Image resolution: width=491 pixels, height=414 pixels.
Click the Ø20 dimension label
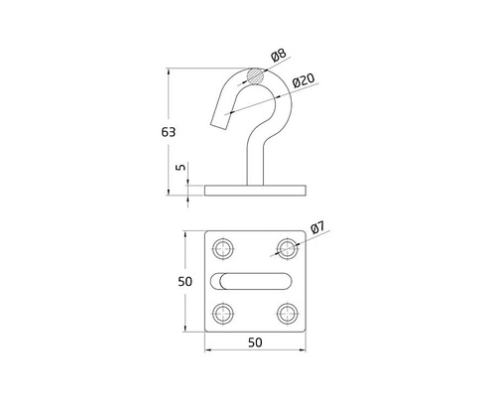pyautogui.click(x=305, y=79)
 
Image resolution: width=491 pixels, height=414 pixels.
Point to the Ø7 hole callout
pyautogui.click(x=317, y=228)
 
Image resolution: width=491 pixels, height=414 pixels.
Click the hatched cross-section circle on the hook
pyautogui.click(x=256, y=74)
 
